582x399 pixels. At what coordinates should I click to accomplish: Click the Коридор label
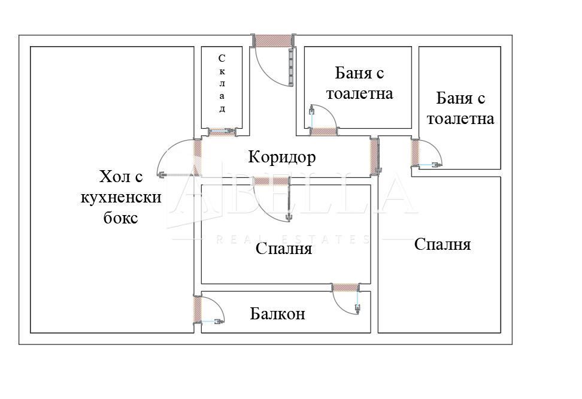click(281, 158)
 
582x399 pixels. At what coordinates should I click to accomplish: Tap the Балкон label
click(277, 313)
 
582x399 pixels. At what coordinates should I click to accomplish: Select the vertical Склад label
click(222, 83)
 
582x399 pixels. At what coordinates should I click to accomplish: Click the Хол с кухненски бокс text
click(120, 197)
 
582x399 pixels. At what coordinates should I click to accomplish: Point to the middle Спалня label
click(283, 248)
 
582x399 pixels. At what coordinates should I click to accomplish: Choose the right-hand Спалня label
click(442, 244)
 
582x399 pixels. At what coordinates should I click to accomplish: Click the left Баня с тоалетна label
click(359, 84)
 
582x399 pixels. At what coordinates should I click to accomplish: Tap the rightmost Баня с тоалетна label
click(460, 108)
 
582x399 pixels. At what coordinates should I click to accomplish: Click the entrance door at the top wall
click(272, 40)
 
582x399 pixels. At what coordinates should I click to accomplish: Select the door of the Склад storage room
click(222, 131)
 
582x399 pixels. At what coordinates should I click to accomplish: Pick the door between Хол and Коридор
click(196, 157)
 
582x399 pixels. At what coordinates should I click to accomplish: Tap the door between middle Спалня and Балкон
click(344, 287)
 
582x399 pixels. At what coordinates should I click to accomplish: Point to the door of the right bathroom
click(415, 152)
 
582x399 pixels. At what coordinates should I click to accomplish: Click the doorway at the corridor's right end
click(375, 155)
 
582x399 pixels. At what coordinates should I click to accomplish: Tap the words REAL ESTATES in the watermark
click(293, 239)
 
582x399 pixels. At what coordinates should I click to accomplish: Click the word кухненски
click(121, 197)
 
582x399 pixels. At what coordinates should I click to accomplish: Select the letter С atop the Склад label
click(222, 58)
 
